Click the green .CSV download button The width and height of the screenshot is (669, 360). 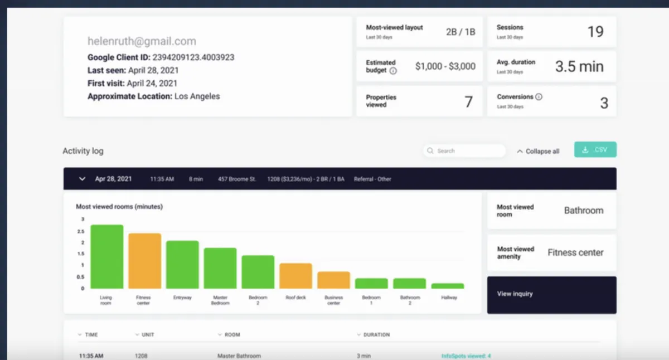pos(595,150)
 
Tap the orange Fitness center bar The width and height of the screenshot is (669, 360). pos(144,261)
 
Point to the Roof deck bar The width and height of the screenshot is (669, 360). pos(295,276)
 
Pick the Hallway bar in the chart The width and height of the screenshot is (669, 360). pos(447,286)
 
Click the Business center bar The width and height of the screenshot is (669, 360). pos(333,280)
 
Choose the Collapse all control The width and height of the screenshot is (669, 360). pos(538,151)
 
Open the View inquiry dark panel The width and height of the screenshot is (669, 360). pos(551,294)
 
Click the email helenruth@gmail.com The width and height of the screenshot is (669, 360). pos(142,41)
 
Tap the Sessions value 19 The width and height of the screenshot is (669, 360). pos(595,32)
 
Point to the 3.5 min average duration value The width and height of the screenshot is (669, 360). pos(579,67)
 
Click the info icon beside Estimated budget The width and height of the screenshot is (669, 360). pos(393,71)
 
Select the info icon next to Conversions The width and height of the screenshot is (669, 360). pos(539,96)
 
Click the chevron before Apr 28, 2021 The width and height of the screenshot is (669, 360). pos(83,179)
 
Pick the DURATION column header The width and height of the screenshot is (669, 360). pos(376,335)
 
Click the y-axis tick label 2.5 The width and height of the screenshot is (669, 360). pos(81,231)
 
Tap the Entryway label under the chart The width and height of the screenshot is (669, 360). pos(182,298)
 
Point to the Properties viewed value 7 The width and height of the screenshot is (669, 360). pos(468,102)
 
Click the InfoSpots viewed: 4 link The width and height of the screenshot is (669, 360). pos(466,356)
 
